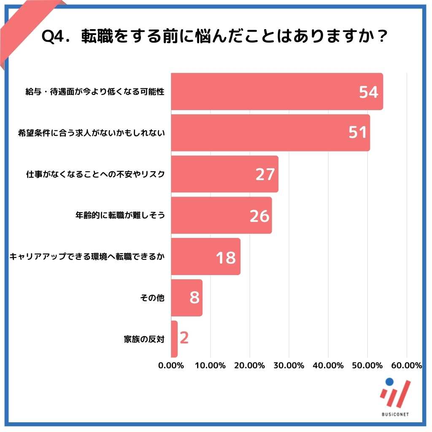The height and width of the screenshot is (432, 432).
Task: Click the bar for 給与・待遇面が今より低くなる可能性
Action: (x=262, y=92)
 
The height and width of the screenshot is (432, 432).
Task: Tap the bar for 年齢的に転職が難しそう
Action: (x=211, y=216)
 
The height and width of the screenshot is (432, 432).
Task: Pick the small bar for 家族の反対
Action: (x=174, y=339)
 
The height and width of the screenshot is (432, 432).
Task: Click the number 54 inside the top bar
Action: (x=368, y=92)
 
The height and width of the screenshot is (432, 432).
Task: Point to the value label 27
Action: (x=265, y=175)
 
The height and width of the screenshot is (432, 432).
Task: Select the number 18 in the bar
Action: (x=226, y=257)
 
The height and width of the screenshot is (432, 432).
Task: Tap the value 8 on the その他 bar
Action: (x=194, y=298)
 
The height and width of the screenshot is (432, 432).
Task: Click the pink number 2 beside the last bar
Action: (x=184, y=338)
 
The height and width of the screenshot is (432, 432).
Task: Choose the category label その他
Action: (x=152, y=298)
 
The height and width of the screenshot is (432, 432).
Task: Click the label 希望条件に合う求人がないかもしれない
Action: (x=91, y=133)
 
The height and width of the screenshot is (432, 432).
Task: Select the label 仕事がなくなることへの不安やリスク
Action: (x=94, y=174)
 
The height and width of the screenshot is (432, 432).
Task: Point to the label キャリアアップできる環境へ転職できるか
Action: (x=87, y=257)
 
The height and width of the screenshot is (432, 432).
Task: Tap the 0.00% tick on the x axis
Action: (x=171, y=366)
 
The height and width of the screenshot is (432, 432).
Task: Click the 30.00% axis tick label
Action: (x=289, y=366)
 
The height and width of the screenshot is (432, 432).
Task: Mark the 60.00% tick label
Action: (x=406, y=366)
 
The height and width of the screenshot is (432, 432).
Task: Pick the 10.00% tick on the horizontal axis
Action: (x=210, y=366)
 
